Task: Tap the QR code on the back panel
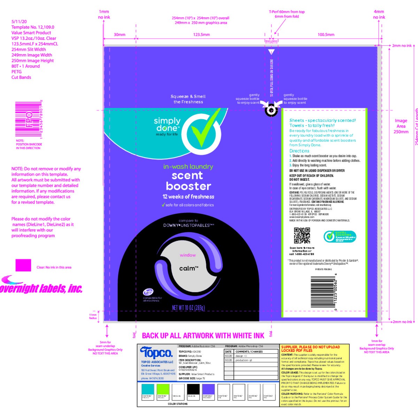pos(302,235)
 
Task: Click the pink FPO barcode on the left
pos(29,119)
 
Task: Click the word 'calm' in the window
pos(188,268)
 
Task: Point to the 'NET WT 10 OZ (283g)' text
pos(188,308)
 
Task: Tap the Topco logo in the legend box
pos(156,353)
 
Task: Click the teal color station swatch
pos(148,389)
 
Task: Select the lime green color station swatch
pos(163,389)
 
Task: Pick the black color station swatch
pos(193,389)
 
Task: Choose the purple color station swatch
pos(209,389)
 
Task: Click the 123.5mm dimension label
pos(201,34)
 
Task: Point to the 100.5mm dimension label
pos(326,34)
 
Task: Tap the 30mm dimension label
pos(119,34)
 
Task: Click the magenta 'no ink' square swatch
pos(23,265)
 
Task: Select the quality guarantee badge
pos(340,236)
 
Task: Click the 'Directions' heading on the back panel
pos(299,151)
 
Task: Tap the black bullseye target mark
pos(271,110)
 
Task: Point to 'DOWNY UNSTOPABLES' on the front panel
pos(188,225)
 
